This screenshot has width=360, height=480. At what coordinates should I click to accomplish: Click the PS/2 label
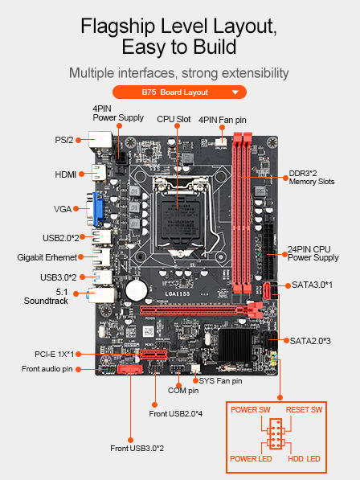tap(63, 140)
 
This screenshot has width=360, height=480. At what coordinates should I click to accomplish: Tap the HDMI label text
tap(65, 174)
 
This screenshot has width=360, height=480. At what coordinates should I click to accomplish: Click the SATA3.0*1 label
tap(313, 285)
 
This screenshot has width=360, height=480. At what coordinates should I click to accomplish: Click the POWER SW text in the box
tap(251, 410)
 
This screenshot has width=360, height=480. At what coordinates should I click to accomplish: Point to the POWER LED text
tap(252, 458)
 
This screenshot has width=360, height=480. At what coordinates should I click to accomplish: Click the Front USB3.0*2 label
tap(137, 448)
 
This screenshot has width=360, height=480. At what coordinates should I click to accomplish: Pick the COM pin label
tap(182, 390)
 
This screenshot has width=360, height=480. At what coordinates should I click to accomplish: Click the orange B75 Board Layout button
tap(180, 92)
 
